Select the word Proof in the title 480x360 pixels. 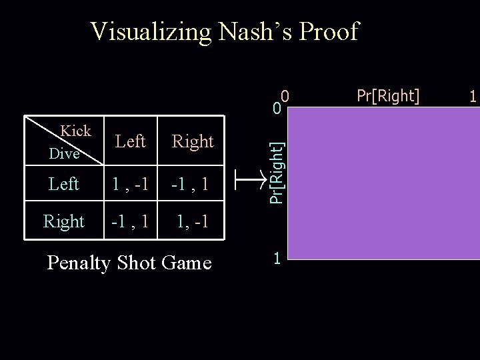329,31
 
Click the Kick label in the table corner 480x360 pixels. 75,131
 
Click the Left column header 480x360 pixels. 130,141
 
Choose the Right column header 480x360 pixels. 193,141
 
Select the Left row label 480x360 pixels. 64,183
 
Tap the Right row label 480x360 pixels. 63,221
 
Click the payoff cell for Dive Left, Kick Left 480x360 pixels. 131,183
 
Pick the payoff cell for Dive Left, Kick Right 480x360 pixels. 193,183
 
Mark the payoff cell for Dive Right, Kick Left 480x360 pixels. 131,221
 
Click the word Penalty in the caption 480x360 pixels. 86,263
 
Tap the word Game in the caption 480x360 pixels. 187,263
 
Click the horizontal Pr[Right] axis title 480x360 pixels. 389,95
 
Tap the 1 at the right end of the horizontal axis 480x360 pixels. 473,97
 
